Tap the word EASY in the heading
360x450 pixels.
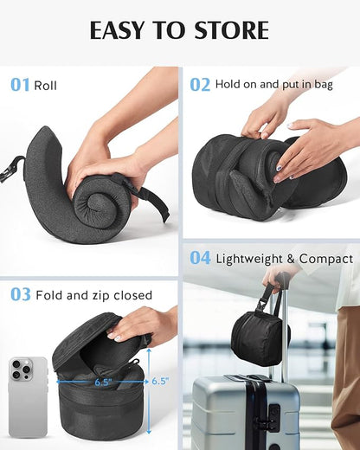(x=119, y=30)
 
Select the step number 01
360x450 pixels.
(x=20, y=85)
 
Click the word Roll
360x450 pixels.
(x=46, y=86)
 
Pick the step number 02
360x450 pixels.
(x=200, y=85)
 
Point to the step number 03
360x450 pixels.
(x=20, y=295)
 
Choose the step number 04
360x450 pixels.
(x=200, y=258)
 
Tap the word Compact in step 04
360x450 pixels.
(x=328, y=259)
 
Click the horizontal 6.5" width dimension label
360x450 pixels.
(x=104, y=381)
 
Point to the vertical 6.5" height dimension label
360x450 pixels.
(x=161, y=381)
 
